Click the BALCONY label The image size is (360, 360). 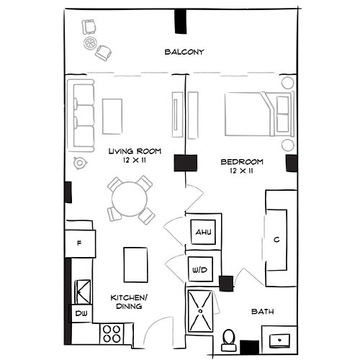185,52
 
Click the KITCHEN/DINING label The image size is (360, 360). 126,301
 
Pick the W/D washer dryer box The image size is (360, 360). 199,270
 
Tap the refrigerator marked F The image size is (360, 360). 80,243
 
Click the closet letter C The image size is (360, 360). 277,239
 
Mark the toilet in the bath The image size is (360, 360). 228,337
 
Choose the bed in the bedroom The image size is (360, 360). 256,114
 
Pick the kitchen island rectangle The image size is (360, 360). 135,264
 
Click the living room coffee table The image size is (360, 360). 112,116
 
